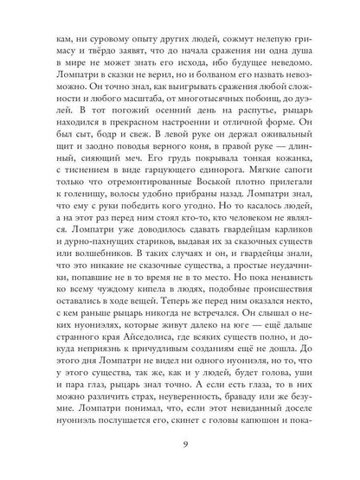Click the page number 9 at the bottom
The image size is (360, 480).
point(180,445)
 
